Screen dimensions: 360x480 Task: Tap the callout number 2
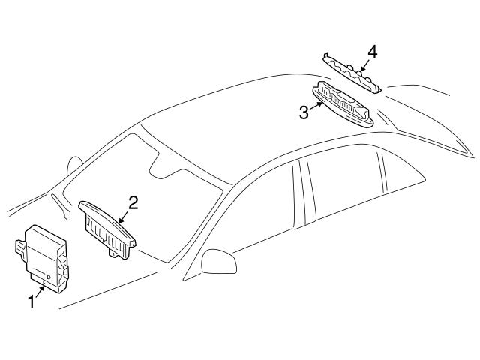(x=133, y=202)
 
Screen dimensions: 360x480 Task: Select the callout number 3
(x=303, y=112)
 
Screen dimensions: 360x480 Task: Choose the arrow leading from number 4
(x=363, y=63)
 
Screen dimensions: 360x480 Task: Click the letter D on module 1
(x=49, y=277)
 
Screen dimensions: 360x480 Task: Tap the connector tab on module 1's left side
(x=19, y=247)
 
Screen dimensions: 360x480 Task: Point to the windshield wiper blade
(x=55, y=203)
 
